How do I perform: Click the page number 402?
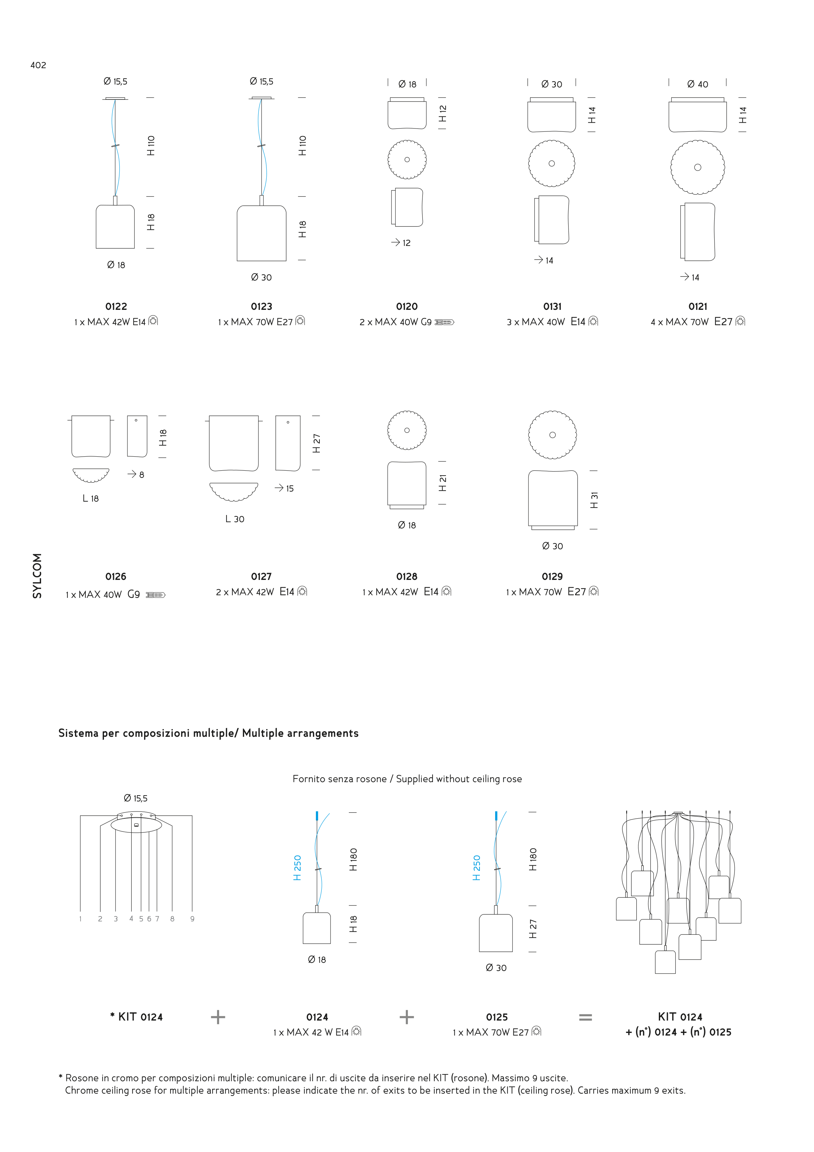[x=38, y=65]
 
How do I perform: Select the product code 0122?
[x=116, y=307]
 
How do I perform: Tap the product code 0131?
[x=552, y=307]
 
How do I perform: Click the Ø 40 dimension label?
[x=698, y=84]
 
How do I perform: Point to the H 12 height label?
[x=442, y=114]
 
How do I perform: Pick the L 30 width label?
[x=235, y=519]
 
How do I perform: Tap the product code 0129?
[x=552, y=577]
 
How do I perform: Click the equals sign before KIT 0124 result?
[x=585, y=1018]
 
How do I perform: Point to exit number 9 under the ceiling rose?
[x=192, y=919]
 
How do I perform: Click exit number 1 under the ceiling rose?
[x=80, y=919]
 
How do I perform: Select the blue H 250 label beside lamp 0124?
[x=297, y=868]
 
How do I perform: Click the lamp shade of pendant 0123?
[x=261, y=233]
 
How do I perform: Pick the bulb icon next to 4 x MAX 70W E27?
[x=740, y=321]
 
